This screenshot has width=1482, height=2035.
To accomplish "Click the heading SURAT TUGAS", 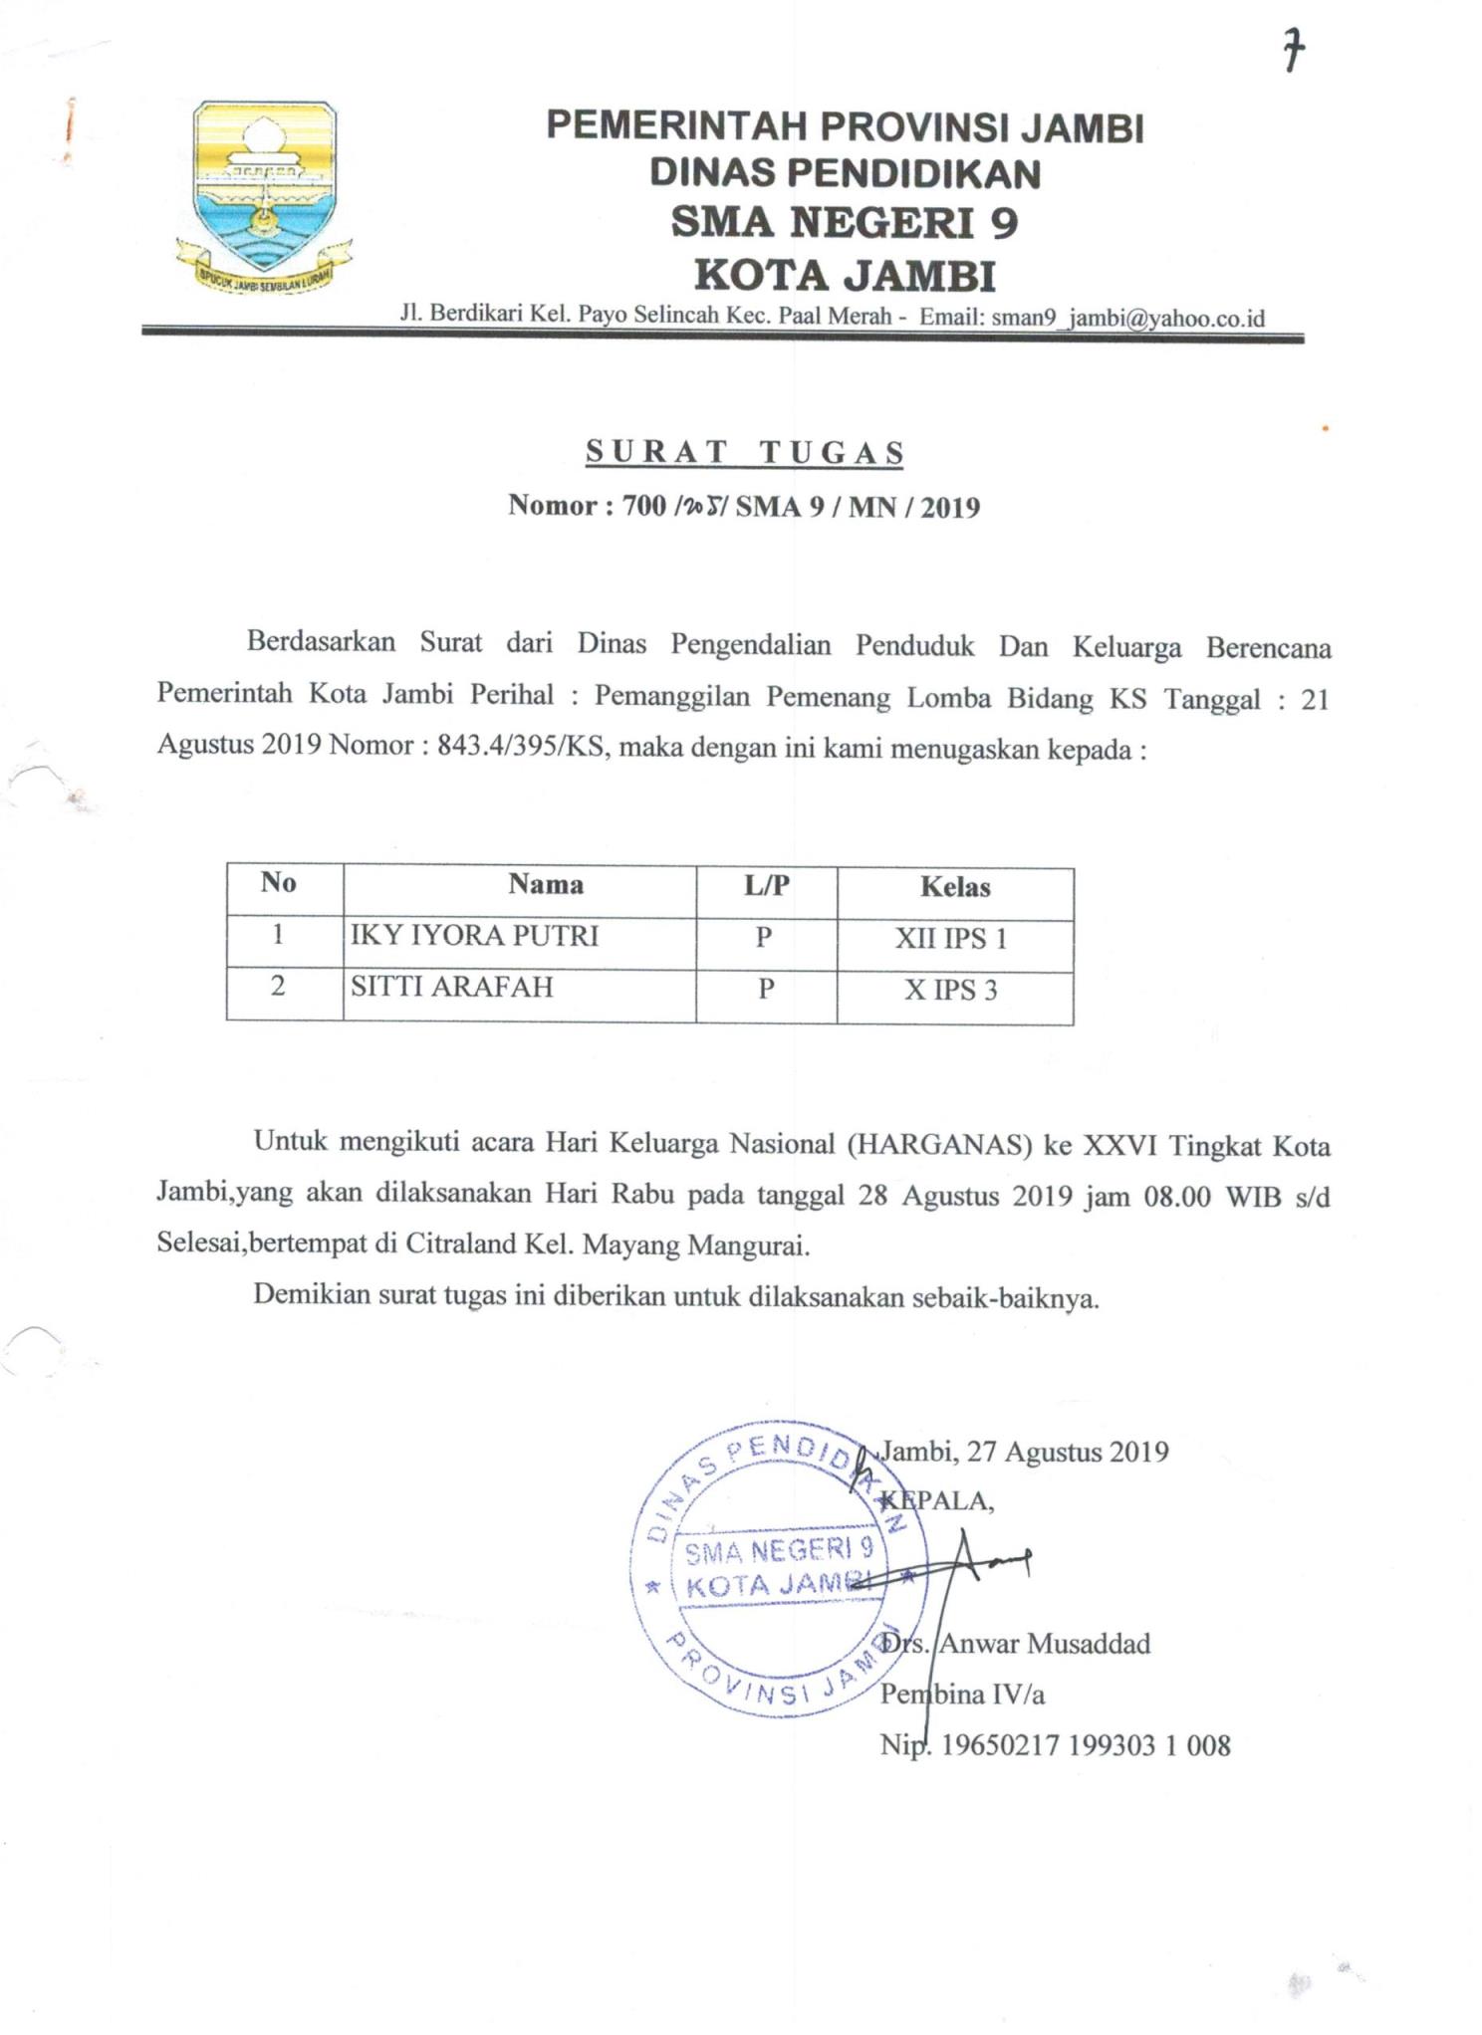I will pyautogui.click(x=744, y=452).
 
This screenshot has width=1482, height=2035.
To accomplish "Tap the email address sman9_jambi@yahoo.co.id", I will pyautogui.click(x=1128, y=318).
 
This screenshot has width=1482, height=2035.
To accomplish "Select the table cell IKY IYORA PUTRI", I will pyautogui.click(x=474, y=936).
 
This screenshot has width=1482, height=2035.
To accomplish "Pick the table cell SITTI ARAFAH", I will pyautogui.click(x=451, y=987).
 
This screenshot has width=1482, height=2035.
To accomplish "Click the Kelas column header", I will pyautogui.click(x=954, y=887).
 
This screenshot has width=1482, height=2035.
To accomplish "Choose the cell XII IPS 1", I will pyautogui.click(x=950, y=939).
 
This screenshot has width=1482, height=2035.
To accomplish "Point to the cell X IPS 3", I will pyautogui.click(x=950, y=991).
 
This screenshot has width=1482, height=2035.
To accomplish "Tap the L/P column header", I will pyautogui.click(x=766, y=885).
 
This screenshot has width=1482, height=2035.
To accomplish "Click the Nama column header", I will pyautogui.click(x=546, y=884).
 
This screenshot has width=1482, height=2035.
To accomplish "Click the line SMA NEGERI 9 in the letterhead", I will pyautogui.click(x=845, y=222).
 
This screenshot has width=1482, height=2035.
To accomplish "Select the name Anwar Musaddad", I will pyautogui.click(x=1046, y=1644).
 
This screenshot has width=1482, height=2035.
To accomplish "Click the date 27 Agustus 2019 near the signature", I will pyautogui.click(x=1068, y=1452).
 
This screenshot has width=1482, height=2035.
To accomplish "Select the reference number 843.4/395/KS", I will pyautogui.click(x=521, y=747).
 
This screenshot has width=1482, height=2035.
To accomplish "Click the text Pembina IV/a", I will pyautogui.click(x=962, y=1695).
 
